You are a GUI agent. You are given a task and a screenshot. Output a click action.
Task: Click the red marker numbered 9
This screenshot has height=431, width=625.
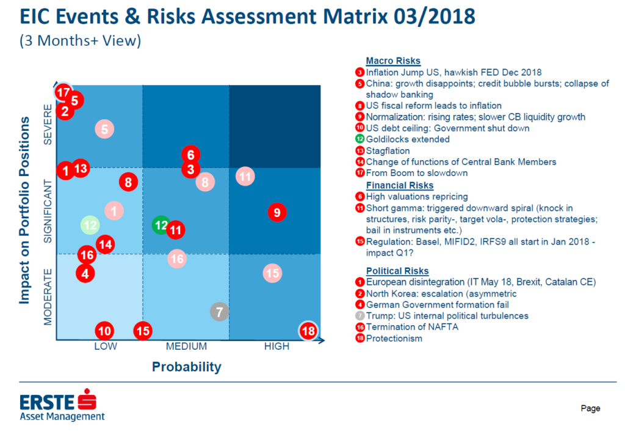coord(277,213)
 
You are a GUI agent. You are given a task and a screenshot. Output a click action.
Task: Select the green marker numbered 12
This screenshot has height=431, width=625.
coord(161,225)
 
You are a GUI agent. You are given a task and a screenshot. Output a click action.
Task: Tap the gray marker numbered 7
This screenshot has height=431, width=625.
coord(220,312)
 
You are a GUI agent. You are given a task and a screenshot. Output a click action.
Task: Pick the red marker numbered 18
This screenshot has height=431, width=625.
coord(309,331)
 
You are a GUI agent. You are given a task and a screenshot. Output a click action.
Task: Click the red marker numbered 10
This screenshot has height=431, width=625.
coord(105,331)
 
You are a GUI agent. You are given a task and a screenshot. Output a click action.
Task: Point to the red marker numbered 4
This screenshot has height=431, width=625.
coord(85,273)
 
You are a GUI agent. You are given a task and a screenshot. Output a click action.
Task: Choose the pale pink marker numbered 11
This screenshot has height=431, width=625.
coord(245,177)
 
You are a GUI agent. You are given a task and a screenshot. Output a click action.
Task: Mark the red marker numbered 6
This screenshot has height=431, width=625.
coord(190,155)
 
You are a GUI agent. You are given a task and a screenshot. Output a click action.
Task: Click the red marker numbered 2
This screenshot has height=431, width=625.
coord(65,111)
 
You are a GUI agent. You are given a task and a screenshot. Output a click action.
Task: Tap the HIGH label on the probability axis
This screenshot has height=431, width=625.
coord(276,347)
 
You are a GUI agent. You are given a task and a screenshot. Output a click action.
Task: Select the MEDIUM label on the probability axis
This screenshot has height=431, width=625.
coord(186,347)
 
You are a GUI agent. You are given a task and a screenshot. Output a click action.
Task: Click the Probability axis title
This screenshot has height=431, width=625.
coord(186,367)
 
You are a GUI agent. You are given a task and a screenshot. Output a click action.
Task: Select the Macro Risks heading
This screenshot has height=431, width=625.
coord(393,61)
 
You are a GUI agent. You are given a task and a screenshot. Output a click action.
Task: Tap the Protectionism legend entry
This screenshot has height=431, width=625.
coord(394,339)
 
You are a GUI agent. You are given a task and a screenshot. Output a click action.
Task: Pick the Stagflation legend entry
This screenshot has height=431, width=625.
coord(388,151)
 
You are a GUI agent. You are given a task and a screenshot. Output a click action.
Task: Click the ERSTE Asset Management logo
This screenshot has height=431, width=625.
coord(61,407)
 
